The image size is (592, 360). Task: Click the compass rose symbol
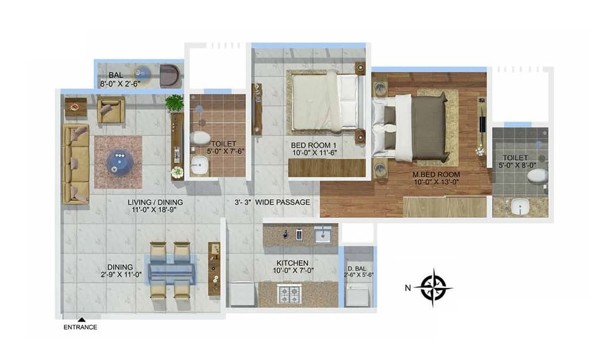[433, 287]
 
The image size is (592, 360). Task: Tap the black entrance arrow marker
[81, 320]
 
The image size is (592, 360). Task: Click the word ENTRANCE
[80, 327]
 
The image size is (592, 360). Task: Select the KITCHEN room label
[292, 263]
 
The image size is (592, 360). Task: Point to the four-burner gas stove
[289, 294]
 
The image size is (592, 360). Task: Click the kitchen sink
[323, 235]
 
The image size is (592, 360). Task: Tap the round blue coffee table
[119, 161]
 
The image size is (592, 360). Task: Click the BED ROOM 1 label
[314, 145]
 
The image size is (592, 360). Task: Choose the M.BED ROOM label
[436, 175]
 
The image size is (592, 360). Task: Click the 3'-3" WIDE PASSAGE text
[272, 202]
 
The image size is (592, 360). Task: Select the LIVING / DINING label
[155, 202]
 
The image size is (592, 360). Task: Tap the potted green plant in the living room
[175, 103]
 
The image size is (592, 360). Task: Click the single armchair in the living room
[111, 109]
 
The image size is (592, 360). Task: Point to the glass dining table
[172, 270]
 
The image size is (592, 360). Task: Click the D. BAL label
[357, 268]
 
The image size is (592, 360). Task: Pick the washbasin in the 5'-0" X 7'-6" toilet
[199, 165]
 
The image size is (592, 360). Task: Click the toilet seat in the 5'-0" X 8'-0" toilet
[537, 176]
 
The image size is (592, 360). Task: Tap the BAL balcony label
[115, 75]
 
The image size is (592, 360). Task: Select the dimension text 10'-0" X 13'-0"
[436, 182]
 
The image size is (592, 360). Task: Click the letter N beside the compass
[408, 288]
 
